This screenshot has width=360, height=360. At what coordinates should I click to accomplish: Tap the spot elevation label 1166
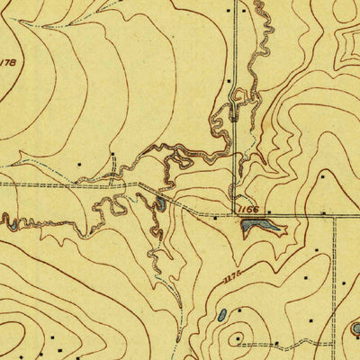tap(249, 209)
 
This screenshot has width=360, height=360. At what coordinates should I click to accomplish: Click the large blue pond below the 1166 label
tap(256, 229)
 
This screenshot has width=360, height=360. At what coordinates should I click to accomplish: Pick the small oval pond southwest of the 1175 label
tap(221, 315)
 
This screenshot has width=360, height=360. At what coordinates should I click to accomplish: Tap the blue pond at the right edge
tap(355, 328)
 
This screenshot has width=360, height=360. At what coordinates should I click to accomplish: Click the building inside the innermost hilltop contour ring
tap(238, 339)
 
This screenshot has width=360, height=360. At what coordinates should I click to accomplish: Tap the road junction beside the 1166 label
tap(238, 213)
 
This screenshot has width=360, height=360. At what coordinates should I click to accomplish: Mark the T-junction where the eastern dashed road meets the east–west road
tap(334, 214)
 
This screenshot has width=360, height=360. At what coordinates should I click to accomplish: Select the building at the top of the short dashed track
tap(113, 156)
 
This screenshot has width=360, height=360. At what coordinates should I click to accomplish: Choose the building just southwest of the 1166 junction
tap(215, 217)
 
